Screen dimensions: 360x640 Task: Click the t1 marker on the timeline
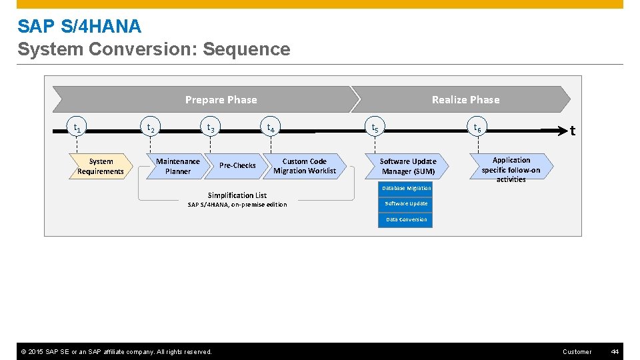78,127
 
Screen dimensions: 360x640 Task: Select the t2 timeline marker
152,127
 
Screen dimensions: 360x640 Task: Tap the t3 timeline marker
211,127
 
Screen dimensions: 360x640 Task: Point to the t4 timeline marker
271,127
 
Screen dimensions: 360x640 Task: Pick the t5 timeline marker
375,127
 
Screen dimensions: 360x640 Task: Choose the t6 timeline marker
477,127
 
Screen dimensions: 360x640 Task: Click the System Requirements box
101,167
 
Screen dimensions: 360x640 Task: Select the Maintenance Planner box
177,167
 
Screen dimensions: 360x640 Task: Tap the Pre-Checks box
237,165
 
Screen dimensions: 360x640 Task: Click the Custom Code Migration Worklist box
305,167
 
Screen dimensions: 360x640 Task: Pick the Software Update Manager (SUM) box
407,167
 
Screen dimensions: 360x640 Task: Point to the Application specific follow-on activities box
511,169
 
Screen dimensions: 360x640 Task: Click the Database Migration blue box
405,188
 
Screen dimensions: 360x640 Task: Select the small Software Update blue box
405,203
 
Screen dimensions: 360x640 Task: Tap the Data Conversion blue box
405,219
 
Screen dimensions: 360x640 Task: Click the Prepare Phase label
221,100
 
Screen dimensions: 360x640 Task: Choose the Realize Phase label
465,100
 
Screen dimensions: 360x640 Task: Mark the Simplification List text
237,195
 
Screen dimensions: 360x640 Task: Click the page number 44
615,351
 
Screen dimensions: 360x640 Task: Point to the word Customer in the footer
577,351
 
